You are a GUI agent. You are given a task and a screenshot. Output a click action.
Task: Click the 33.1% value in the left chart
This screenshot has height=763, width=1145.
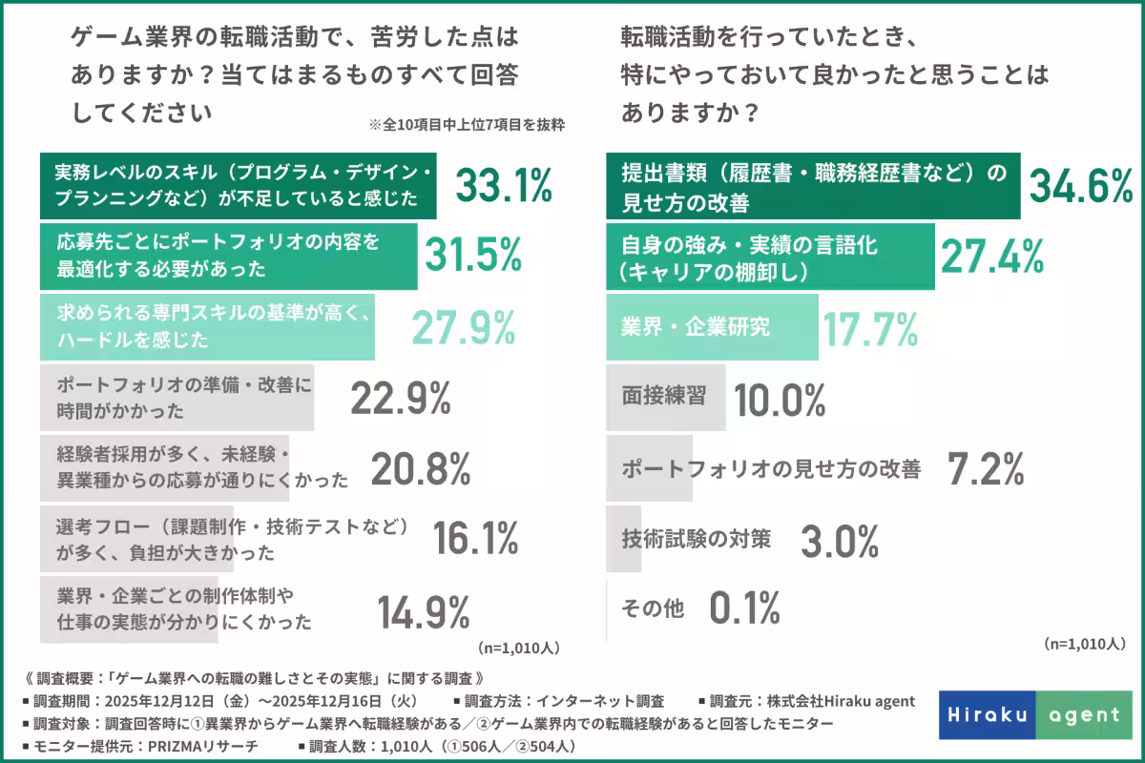pos(504,185)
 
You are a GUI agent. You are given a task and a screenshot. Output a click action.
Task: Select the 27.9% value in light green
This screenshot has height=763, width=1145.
pos(464,327)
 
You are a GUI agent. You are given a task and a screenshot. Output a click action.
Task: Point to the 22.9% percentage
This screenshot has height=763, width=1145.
pos(401,398)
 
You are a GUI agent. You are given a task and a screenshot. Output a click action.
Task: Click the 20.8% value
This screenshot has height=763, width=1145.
pos(421,468)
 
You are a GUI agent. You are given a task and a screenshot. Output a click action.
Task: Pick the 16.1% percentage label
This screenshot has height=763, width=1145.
pos(476,539)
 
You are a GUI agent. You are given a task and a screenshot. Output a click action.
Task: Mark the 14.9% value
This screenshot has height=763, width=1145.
pos(424,611)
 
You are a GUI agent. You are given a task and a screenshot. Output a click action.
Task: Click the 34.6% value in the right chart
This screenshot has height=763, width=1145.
pos(1079,185)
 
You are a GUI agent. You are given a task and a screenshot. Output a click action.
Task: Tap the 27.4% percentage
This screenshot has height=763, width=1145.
pos(992,256)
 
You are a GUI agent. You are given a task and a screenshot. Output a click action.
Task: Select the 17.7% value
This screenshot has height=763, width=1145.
pos(870,327)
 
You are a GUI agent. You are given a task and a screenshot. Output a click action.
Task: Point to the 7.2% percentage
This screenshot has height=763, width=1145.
pos(986,468)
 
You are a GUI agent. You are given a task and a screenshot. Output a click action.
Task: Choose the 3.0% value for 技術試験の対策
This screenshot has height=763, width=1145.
pos(839,541)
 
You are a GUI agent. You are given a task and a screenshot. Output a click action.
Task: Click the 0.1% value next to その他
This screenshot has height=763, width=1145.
pos(745,607)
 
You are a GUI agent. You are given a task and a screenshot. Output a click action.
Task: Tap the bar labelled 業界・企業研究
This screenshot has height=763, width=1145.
pos(713,327)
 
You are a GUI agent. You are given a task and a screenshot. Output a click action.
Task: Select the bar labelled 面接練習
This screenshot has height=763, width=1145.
pos(666,398)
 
